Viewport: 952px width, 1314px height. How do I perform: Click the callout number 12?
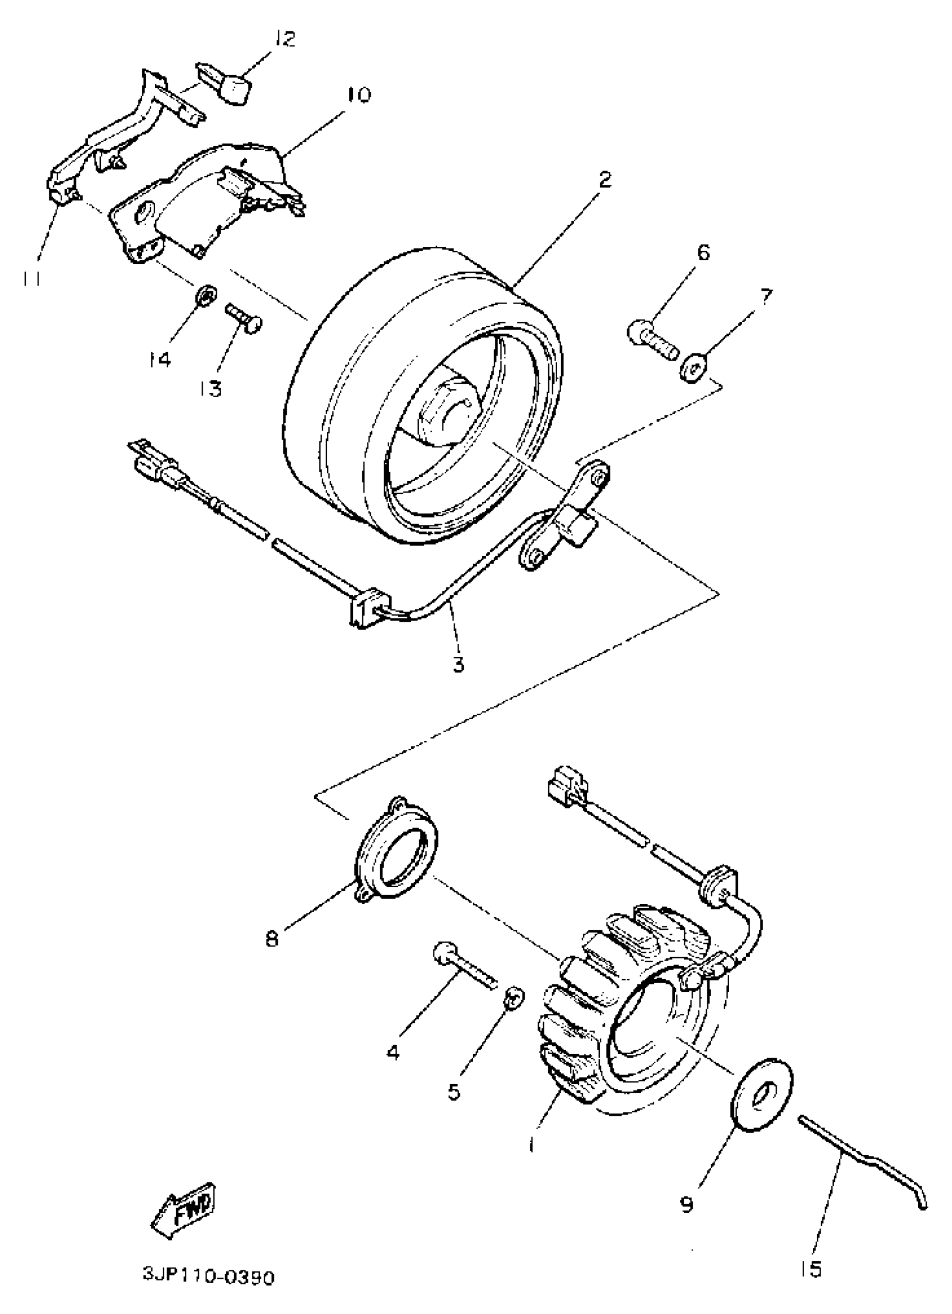(284, 39)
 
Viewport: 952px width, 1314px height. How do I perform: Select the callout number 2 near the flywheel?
(604, 179)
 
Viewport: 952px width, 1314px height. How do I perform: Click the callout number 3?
(458, 664)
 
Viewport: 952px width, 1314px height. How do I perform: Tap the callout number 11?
(32, 279)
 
